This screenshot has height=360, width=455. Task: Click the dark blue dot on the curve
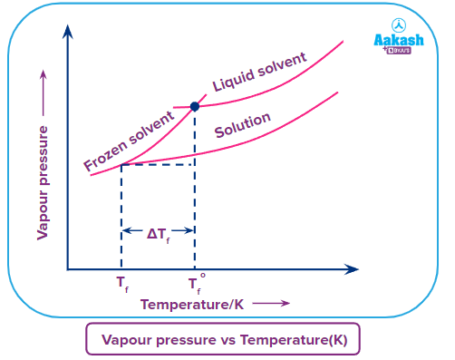195,106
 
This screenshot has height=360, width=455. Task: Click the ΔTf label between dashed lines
158,233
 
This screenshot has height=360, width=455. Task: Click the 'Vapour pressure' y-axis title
43,181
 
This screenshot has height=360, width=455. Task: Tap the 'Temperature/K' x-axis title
192,304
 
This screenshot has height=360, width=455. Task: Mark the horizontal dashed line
158,164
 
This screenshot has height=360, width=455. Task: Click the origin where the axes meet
67,269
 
